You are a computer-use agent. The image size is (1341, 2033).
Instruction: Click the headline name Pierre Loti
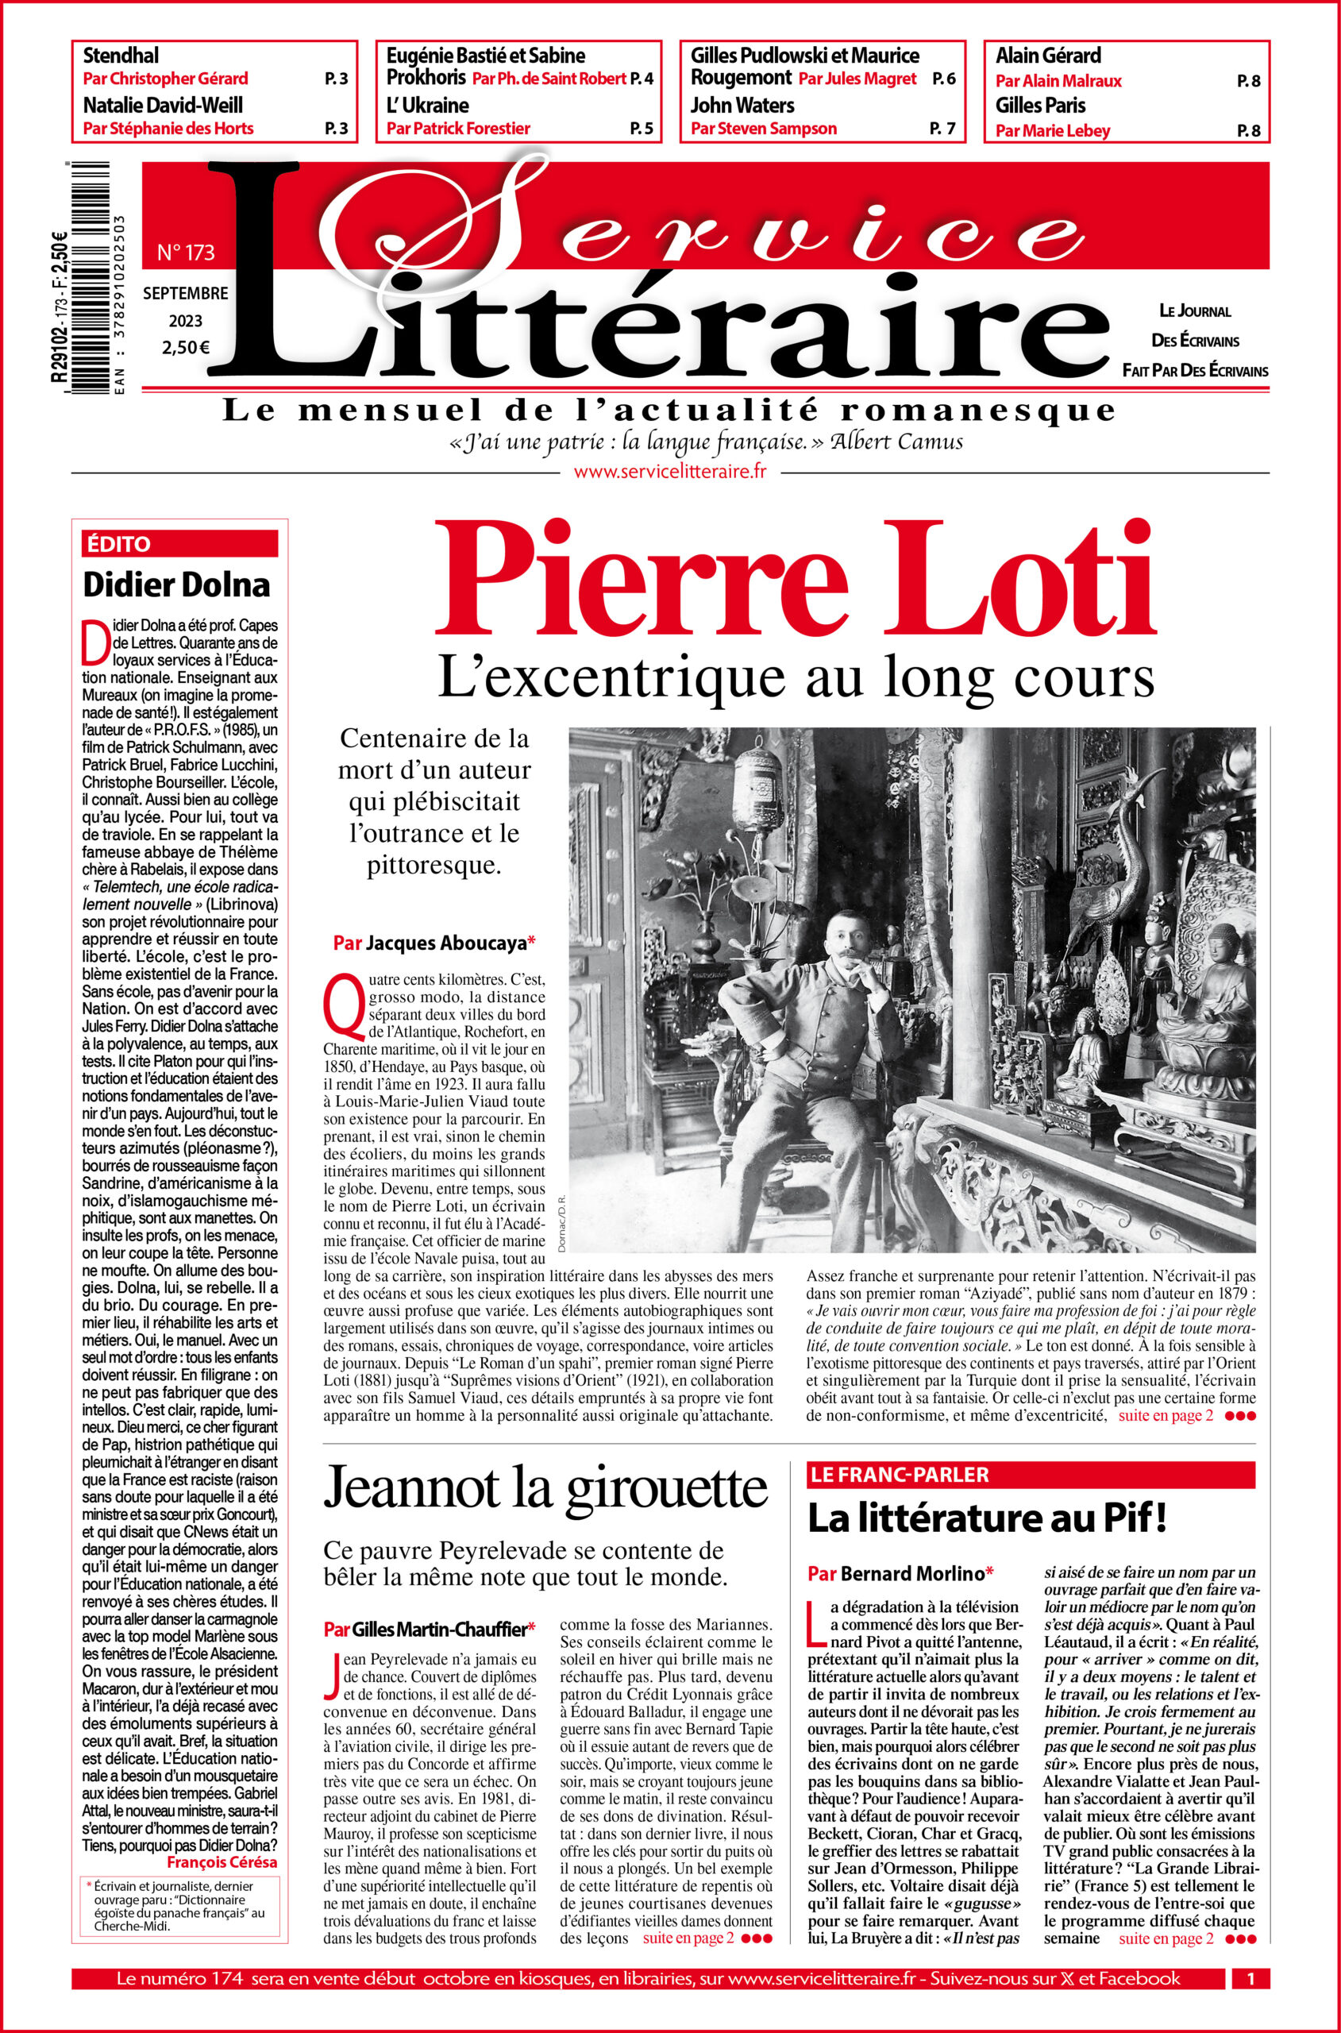(796, 580)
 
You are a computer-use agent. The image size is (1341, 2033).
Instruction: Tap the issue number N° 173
(186, 253)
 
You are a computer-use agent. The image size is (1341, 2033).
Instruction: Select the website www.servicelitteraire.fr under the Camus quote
(669, 471)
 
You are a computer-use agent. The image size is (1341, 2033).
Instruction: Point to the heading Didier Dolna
(176, 585)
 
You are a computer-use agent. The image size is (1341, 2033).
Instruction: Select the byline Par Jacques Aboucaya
(434, 943)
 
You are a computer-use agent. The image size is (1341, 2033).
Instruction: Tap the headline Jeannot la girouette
(545, 1488)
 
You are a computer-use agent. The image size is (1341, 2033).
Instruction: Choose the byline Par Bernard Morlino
(900, 1574)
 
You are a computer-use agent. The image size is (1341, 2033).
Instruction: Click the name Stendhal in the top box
(121, 56)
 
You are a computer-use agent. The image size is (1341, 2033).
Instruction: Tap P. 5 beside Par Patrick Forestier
(641, 129)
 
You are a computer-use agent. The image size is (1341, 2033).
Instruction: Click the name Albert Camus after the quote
(896, 442)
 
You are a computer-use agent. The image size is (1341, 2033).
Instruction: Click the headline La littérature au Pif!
(987, 1520)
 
